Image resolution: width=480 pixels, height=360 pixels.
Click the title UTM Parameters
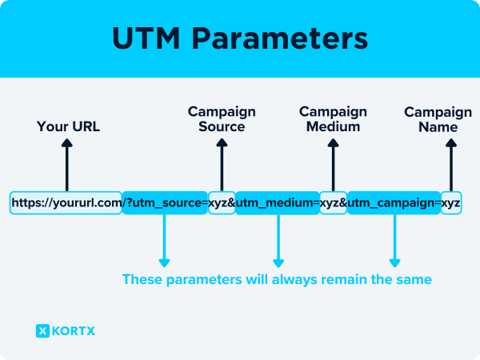point(240,39)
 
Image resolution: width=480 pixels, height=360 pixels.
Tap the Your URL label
point(68,126)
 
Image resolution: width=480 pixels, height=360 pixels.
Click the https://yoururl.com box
point(66,202)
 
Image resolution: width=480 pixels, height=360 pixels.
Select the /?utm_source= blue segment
point(165,202)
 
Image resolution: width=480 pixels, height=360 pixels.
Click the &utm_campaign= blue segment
point(393,202)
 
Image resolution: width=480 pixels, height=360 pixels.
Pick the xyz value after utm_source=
point(221,202)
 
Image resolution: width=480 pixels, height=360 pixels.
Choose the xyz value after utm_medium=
point(333,202)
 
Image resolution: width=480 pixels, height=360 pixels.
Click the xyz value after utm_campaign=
point(450,202)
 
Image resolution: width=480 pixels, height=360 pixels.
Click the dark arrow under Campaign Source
point(222,164)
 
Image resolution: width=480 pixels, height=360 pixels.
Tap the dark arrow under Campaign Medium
point(333,164)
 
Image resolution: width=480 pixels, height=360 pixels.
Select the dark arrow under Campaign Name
point(450,164)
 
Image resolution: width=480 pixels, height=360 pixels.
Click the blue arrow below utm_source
point(165,240)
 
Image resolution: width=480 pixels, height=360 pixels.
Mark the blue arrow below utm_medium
point(278,240)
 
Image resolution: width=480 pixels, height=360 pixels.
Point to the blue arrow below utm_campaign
point(394,240)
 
